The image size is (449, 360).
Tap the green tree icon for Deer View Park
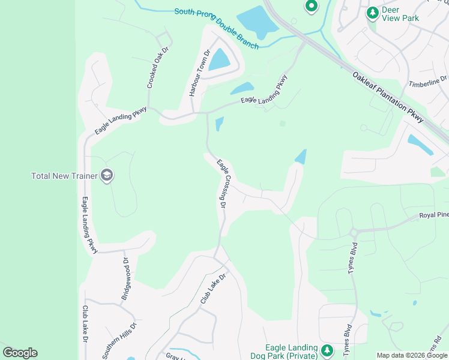coord(373,12)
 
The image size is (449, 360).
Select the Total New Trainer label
coord(65,176)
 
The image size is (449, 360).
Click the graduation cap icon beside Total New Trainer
coord(107,176)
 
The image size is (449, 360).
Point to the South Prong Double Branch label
coord(217,28)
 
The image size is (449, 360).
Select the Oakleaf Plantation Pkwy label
coord(388,97)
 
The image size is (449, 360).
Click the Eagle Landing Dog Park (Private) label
coord(292,352)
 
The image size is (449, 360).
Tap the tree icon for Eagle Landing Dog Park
coord(327,350)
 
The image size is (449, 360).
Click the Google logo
coord(20,353)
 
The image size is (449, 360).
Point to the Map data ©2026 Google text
coord(411,355)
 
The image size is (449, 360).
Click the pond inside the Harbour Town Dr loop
coord(219,59)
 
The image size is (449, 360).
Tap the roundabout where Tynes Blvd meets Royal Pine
coord(354,232)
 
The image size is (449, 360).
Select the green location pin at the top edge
coord(311,7)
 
